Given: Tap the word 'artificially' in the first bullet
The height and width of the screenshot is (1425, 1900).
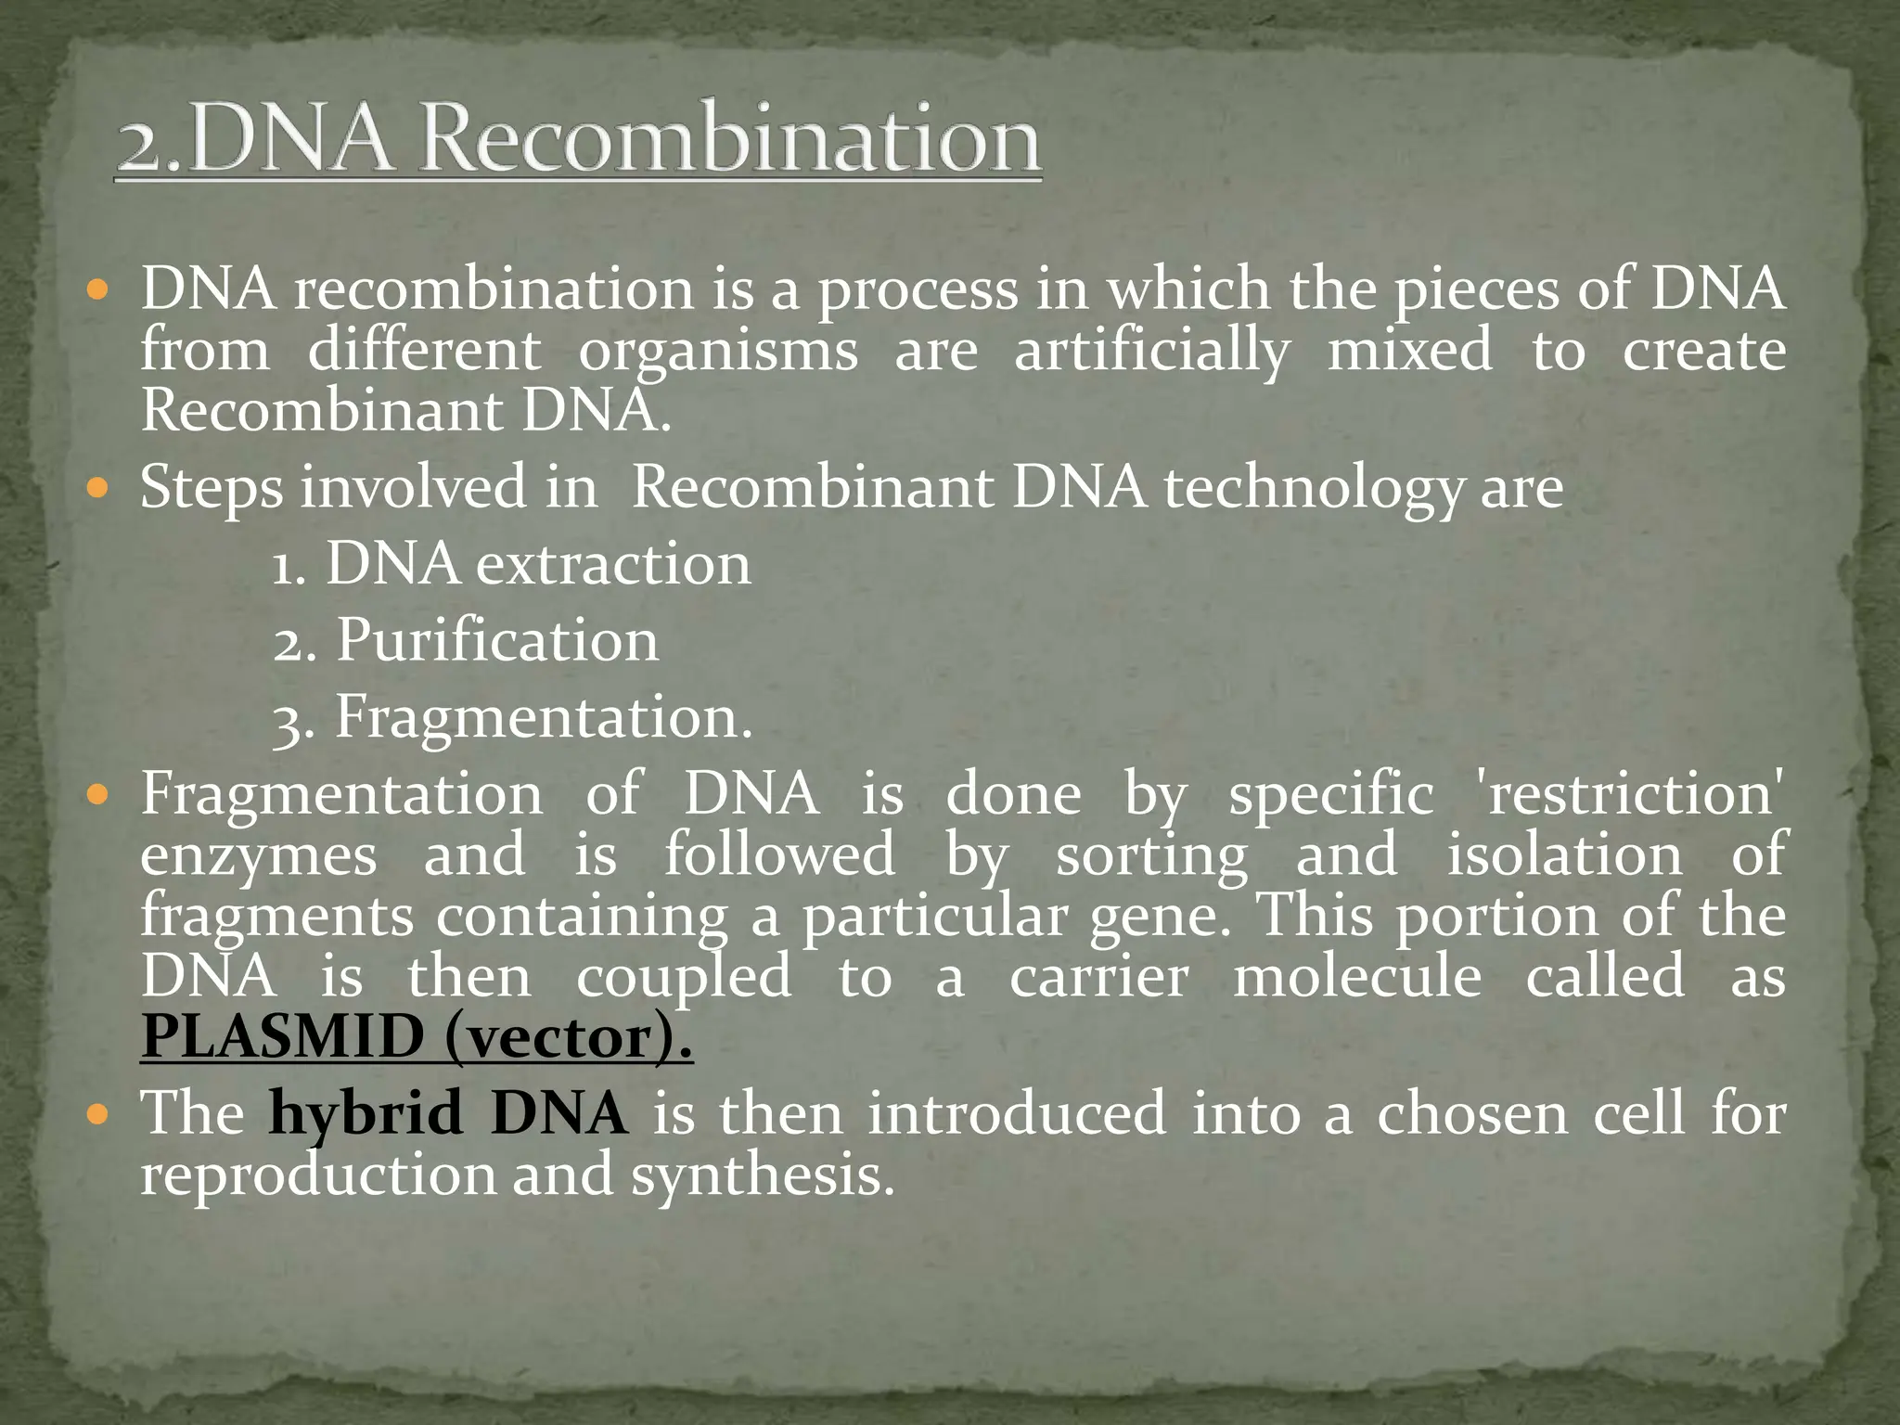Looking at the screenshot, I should [x=1151, y=352].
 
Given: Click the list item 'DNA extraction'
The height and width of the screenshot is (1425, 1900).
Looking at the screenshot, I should [x=538, y=564].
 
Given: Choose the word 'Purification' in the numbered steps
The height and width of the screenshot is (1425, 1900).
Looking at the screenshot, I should [x=496, y=640].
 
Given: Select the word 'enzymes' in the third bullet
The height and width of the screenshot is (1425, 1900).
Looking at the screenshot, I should [x=259, y=856].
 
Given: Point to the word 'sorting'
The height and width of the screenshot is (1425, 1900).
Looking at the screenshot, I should [x=1151, y=856].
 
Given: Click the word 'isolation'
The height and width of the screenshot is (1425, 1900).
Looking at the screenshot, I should [x=1564, y=854].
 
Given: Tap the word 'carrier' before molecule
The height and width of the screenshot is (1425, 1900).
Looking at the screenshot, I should [x=1098, y=977].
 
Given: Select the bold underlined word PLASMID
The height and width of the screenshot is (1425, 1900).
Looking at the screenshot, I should [x=282, y=1037].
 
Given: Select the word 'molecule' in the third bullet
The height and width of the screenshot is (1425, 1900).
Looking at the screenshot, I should [x=1356, y=977].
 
